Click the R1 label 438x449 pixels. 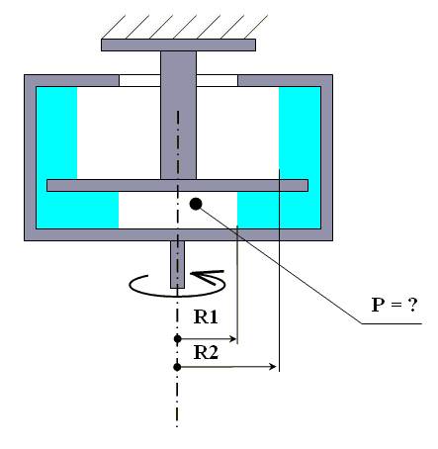coord(206,316)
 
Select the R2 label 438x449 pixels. coord(206,352)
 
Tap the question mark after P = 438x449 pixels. coord(412,305)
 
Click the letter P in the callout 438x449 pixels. coord(378,305)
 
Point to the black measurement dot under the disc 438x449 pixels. coord(196,204)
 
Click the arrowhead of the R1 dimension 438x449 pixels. coord(233,338)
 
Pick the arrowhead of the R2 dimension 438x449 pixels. coord(273,367)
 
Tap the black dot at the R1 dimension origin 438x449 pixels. coord(178,338)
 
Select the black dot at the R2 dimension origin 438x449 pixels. coord(177,367)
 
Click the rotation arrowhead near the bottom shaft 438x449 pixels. coord(206,277)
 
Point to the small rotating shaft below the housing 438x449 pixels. coord(177,264)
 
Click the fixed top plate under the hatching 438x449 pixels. coord(178,45)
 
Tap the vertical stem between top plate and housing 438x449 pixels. coord(178,115)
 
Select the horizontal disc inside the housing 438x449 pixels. coord(177,185)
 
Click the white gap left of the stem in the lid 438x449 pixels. coord(139,80)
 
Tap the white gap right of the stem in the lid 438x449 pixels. coord(217,80)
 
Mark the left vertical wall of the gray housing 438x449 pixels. coord(30,157)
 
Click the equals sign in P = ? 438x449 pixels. coord(395,306)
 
